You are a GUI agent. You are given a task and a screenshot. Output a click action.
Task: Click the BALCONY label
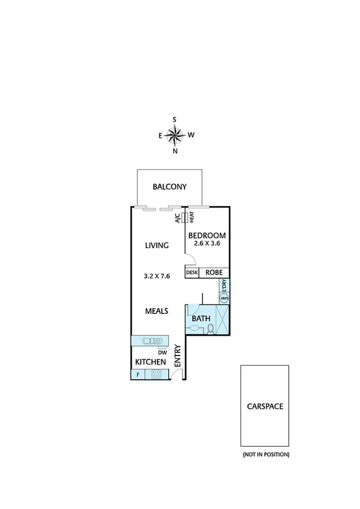170,186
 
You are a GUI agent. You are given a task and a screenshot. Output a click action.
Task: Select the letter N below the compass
175,151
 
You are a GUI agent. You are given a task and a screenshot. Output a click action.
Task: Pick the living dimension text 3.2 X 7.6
156,276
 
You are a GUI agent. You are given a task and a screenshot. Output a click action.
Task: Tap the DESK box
192,272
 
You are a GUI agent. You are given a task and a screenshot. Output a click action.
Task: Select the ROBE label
214,272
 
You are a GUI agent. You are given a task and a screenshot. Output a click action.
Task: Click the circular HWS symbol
225,298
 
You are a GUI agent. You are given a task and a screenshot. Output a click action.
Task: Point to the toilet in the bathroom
210,328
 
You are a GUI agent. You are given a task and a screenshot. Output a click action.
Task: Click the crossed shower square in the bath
222,318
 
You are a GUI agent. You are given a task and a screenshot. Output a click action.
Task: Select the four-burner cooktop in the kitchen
157,375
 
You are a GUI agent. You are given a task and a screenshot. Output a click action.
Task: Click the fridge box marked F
138,375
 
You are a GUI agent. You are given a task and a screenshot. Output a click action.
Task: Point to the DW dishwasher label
162,353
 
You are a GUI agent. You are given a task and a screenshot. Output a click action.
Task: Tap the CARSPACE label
265,406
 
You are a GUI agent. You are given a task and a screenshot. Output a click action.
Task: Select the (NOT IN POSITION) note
265,455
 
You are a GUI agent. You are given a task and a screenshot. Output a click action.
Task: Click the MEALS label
156,311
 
